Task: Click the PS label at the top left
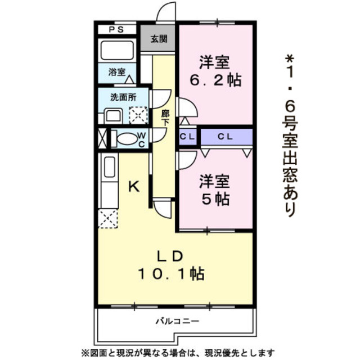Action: [117, 30]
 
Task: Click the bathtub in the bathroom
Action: [117, 51]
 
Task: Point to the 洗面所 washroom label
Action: [123, 96]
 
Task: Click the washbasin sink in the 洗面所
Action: [114, 116]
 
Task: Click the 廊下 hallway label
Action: [165, 117]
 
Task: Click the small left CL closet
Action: [187, 137]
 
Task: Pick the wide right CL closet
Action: [226, 137]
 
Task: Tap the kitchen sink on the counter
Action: [109, 167]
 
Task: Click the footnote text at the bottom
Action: [179, 352]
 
